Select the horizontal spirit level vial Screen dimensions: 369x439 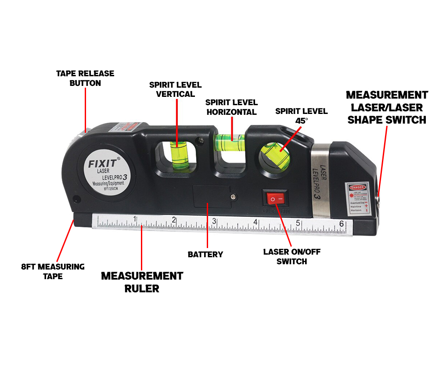click(x=230, y=141)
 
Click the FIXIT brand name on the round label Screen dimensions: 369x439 click(x=102, y=164)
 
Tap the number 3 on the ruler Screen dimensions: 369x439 click(x=214, y=221)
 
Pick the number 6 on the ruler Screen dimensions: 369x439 click(x=341, y=224)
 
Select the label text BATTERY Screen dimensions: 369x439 click(x=205, y=254)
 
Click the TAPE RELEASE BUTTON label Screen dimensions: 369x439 click(x=85, y=78)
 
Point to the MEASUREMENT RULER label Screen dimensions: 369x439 click(x=142, y=282)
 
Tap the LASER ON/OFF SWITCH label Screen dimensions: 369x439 click(x=285, y=256)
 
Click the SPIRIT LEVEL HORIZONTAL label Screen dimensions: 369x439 click(x=231, y=107)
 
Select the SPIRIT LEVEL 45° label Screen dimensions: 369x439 click(x=301, y=116)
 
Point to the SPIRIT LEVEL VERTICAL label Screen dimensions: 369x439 click(x=175, y=89)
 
